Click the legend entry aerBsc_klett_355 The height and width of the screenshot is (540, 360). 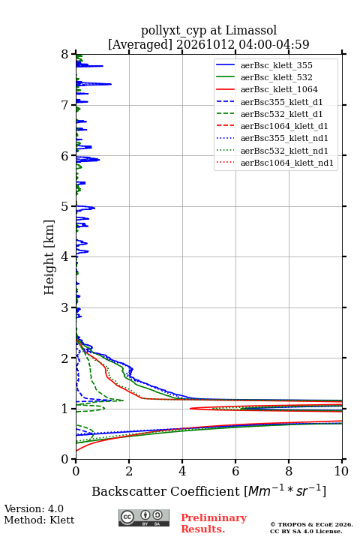click(276, 65)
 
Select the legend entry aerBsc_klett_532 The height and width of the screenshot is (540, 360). click(276, 77)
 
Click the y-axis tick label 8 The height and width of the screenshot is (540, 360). click(65, 55)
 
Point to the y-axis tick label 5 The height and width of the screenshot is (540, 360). click(65, 207)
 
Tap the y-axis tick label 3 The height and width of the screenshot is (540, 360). click(65, 307)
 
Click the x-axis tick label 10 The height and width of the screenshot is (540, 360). click(341, 471)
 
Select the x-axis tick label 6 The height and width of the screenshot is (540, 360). click(235, 471)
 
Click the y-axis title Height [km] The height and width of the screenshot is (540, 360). click(49, 257)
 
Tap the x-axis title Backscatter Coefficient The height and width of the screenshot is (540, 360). click(166, 491)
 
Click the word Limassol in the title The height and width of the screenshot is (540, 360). click(251, 30)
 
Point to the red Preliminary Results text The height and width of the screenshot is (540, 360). click(214, 523)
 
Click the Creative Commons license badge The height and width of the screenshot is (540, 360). click(144, 517)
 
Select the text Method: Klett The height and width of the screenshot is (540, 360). click(39, 520)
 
